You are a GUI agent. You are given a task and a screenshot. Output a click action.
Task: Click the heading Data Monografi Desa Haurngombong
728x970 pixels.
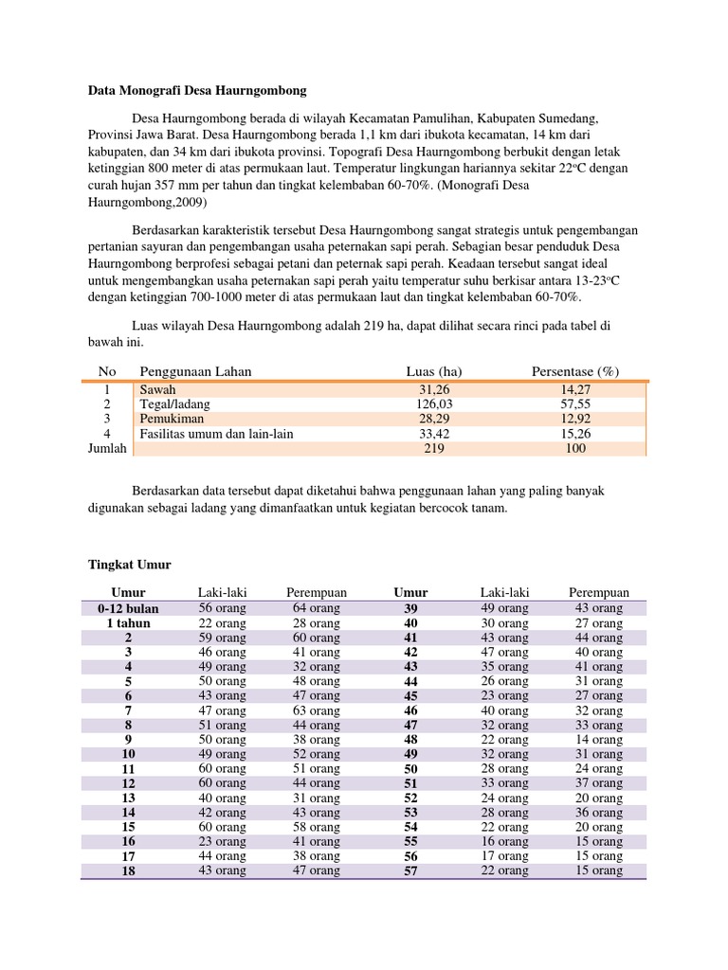197,91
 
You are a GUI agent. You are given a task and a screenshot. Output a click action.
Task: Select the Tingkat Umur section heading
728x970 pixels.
129,565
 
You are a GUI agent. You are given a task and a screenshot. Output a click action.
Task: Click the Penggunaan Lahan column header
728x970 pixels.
195,371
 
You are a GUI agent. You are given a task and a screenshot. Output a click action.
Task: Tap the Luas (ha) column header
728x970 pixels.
433,371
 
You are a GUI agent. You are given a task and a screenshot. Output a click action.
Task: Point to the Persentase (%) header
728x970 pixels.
575,371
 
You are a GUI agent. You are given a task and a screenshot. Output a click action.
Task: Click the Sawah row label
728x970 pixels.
157,389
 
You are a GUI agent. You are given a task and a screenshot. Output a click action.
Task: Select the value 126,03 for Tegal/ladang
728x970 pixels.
433,404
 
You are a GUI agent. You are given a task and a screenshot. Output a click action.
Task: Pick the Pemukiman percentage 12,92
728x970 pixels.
575,419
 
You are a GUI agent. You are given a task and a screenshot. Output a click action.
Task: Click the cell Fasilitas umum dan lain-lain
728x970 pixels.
217,434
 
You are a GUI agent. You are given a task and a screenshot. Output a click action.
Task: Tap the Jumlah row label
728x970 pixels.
107,448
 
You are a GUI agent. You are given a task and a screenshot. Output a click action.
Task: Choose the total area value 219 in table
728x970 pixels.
433,449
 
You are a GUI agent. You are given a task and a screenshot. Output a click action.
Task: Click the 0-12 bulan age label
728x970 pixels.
128,608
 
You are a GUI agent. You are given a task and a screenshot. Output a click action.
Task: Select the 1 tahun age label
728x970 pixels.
128,623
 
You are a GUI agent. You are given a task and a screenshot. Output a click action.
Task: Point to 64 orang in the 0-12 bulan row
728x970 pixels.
317,608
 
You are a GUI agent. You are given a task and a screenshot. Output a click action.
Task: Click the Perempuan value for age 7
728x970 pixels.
317,710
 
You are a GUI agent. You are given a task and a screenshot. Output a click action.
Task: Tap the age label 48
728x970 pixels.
410,740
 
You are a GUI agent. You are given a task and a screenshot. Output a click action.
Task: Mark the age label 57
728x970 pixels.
410,871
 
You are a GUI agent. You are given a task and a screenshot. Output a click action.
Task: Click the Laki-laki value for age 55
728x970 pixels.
505,842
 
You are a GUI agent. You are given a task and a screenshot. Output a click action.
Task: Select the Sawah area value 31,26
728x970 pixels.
433,389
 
